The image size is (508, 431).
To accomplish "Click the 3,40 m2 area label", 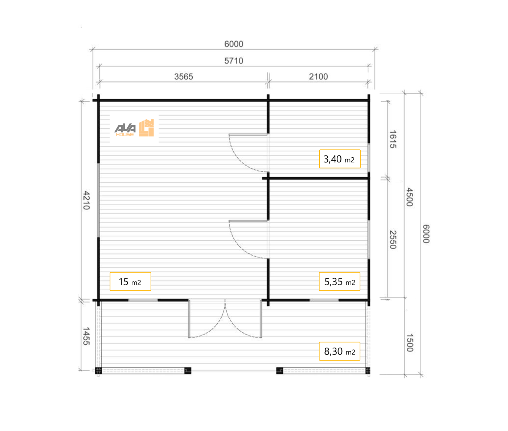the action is click(x=340, y=159).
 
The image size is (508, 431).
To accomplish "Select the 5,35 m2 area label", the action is click(x=340, y=281).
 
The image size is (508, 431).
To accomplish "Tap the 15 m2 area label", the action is click(x=130, y=281).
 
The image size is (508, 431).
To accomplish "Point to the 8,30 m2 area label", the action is click(x=340, y=351).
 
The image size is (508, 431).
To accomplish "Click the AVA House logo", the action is click(x=134, y=128).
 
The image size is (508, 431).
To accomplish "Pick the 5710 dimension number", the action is click(x=233, y=61).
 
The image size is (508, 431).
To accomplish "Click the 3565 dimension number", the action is click(x=184, y=76).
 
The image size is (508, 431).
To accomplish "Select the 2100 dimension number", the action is click(x=318, y=76).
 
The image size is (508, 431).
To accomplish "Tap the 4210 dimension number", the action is click(x=86, y=200).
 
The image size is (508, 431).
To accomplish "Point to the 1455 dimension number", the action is click(x=86, y=336).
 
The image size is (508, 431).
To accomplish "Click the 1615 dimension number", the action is click(x=393, y=139).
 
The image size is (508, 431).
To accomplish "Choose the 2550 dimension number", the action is click(x=393, y=240).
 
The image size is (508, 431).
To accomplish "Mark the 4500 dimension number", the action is click(x=409, y=197).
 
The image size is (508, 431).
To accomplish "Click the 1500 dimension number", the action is click(x=409, y=343).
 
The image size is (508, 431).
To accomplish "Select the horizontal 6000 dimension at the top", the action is click(x=233, y=44).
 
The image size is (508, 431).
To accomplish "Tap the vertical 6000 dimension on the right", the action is click(x=426, y=233).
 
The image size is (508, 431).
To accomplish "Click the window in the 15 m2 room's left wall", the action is click(x=98, y=200).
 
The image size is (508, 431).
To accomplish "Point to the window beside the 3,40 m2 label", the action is click(x=369, y=158).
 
